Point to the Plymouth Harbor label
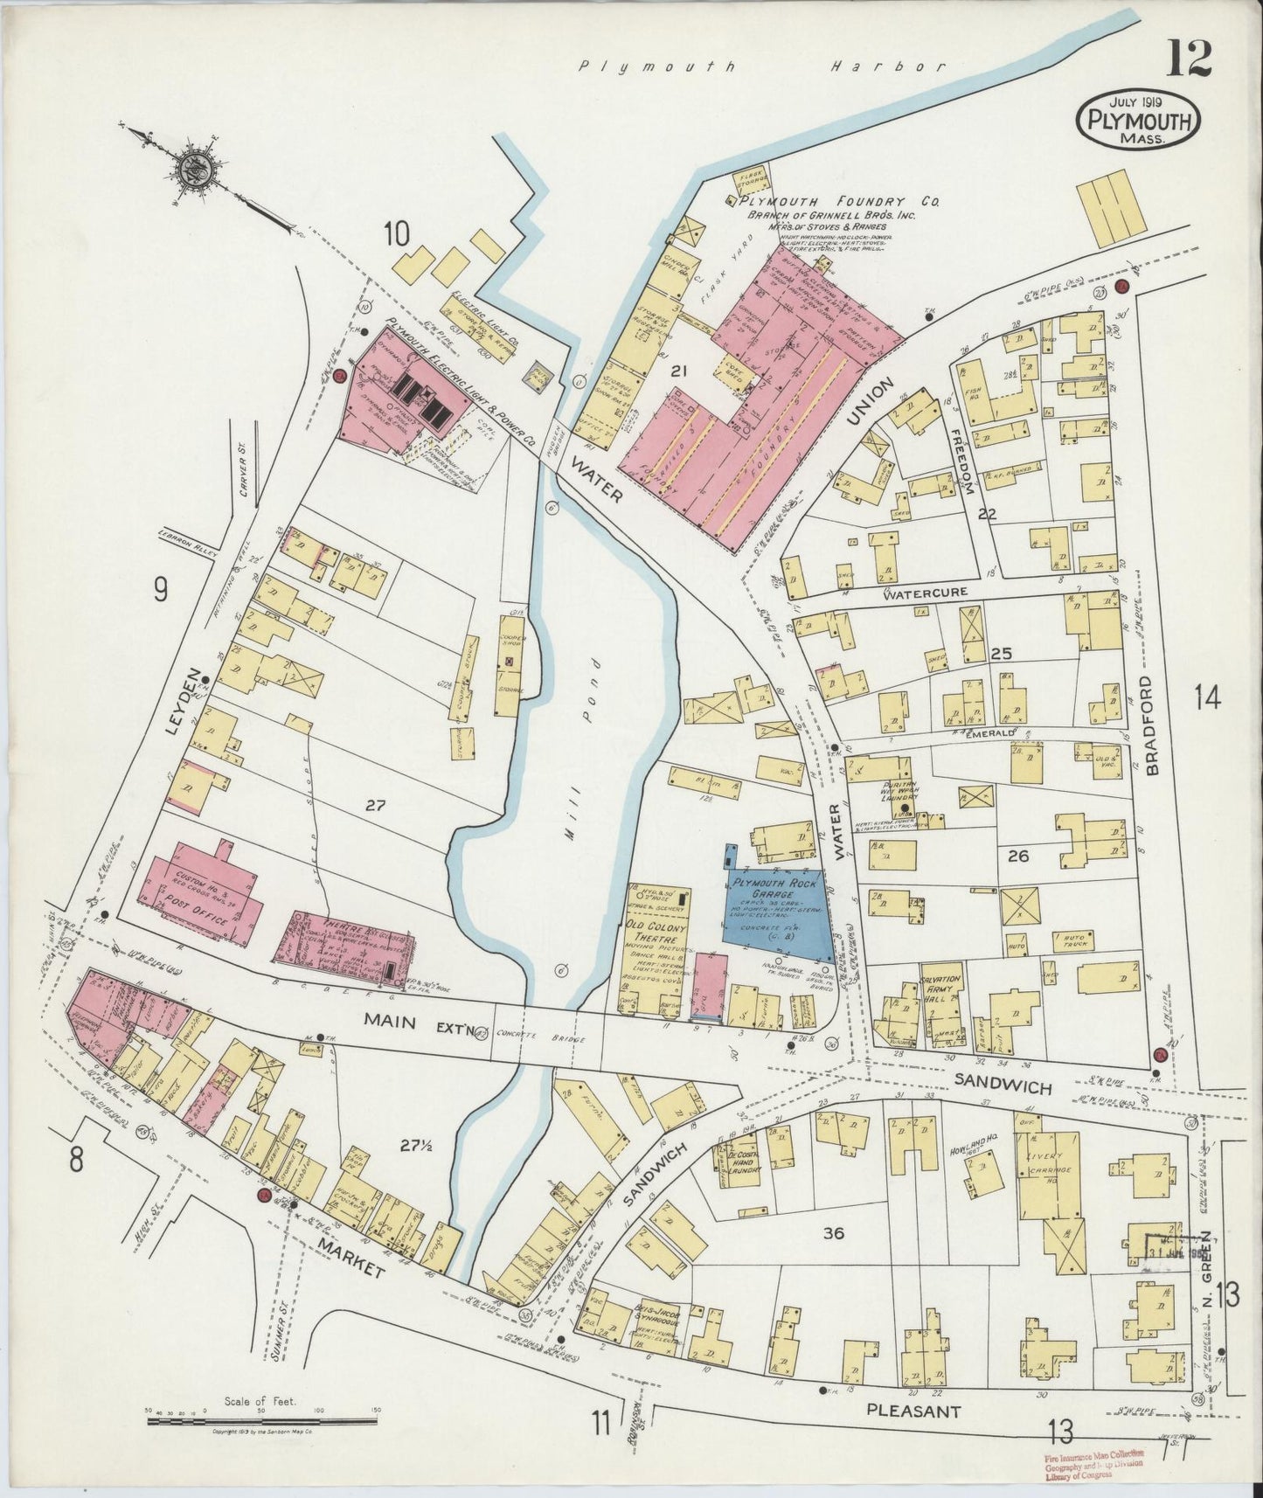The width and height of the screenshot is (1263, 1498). click(764, 66)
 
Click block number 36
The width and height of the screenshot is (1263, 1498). click(833, 1233)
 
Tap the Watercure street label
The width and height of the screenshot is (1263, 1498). click(925, 593)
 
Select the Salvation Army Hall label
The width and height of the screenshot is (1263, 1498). click(940, 985)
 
